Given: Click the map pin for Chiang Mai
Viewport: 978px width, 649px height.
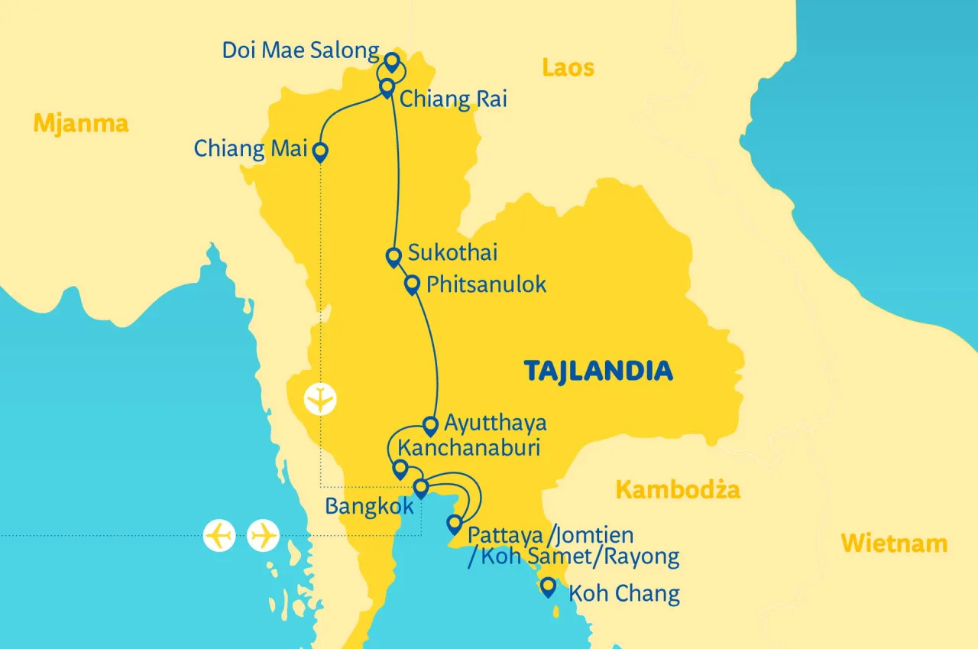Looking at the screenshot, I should click(321, 152).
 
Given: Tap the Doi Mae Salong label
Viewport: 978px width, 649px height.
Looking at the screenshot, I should click(300, 51).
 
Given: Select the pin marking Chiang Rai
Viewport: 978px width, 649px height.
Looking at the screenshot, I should click(387, 87).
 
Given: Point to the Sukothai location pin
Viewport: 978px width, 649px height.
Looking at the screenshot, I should click(393, 257).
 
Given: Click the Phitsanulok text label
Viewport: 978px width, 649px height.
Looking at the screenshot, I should click(486, 285).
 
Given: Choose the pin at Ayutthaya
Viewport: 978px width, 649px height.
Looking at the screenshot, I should click(430, 425).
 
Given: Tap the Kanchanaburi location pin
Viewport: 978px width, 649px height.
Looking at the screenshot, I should click(399, 469).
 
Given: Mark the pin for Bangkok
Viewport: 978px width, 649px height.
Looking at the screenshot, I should click(420, 488).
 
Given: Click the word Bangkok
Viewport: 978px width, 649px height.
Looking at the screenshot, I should click(369, 507).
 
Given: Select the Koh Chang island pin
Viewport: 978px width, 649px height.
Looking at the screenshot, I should click(547, 587).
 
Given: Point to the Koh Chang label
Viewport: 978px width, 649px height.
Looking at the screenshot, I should click(623, 594).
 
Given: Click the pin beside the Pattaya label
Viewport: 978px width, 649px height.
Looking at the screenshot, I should click(454, 524).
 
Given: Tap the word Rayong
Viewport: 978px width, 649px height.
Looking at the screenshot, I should click(641, 557).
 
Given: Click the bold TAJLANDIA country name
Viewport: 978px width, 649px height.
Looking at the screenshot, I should click(598, 372).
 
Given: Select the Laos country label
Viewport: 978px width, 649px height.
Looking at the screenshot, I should click(568, 68).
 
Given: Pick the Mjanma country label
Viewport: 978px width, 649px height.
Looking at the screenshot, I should click(81, 123).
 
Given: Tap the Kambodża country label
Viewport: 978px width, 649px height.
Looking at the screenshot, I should click(678, 489).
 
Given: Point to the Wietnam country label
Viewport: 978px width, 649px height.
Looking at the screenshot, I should click(894, 544).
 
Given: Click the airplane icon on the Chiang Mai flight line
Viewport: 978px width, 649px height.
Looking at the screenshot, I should click(320, 400).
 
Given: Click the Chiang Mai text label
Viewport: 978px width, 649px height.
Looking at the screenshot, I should click(250, 148).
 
